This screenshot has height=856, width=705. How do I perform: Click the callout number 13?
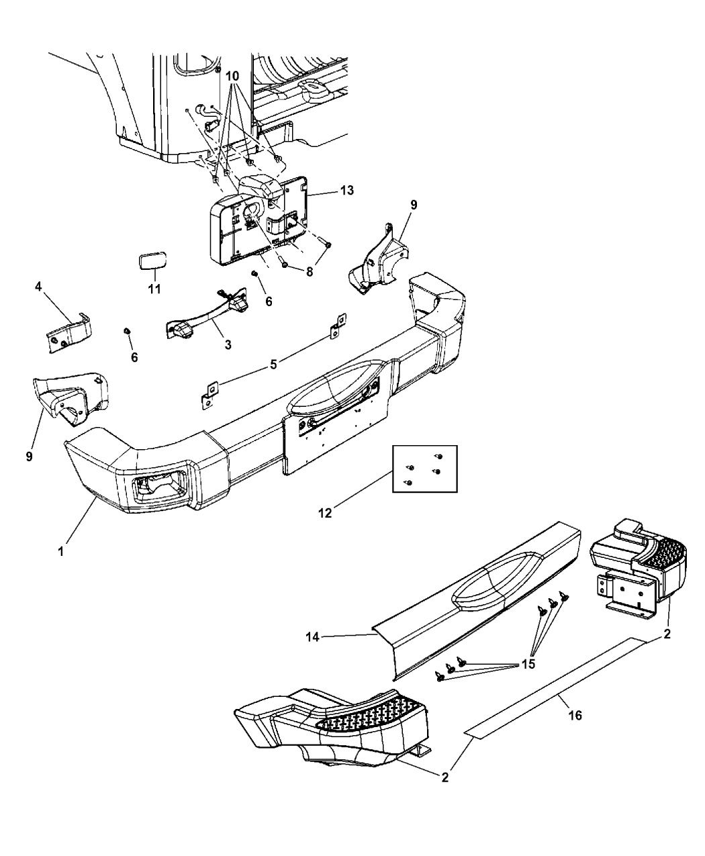346,190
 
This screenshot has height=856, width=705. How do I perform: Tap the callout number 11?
154,289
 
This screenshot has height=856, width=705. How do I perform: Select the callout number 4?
38,287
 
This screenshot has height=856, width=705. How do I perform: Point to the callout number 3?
228,345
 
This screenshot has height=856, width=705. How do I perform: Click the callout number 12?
325,513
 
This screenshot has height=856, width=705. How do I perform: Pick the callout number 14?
312,637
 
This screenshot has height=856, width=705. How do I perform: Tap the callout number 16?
575,716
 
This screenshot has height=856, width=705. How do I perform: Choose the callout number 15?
528,664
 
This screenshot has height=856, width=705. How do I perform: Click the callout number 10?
232,76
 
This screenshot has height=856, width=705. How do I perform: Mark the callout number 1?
60,552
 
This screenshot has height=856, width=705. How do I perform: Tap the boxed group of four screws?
425,469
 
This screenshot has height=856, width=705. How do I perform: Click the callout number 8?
310,272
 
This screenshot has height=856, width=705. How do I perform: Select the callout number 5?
273,364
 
